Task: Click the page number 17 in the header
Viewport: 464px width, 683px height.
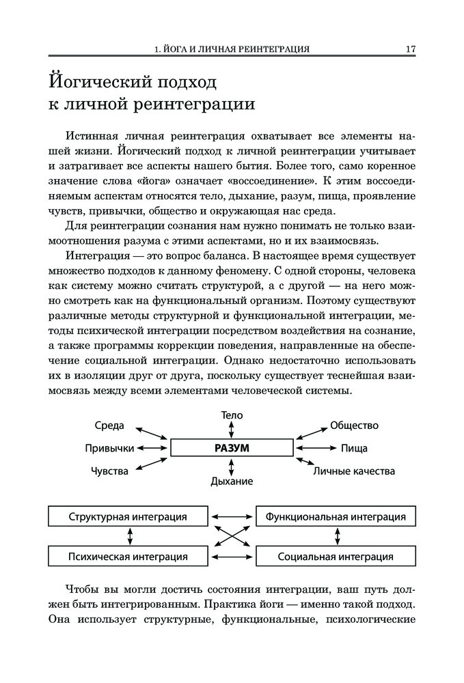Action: tap(411, 49)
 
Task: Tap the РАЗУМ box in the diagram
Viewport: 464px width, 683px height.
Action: tap(232, 448)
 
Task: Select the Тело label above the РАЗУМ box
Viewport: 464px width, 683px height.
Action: tap(232, 415)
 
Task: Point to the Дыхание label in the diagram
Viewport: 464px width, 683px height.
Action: tap(232, 481)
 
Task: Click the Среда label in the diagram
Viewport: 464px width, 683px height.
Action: tap(109, 426)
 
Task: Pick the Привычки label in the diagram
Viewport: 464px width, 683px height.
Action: tap(109, 449)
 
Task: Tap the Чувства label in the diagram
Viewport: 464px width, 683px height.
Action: tap(109, 471)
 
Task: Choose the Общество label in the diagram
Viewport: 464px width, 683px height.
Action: tap(354, 426)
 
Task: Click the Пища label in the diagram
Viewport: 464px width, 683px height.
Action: tap(354, 449)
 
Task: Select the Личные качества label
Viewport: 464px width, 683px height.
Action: tap(354, 471)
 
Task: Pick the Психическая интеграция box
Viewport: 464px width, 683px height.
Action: tap(128, 556)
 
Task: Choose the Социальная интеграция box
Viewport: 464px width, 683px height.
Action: tap(335, 556)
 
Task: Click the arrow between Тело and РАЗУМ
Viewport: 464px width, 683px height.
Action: tap(232, 429)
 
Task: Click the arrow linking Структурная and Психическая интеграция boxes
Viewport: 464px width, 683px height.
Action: tap(128, 536)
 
